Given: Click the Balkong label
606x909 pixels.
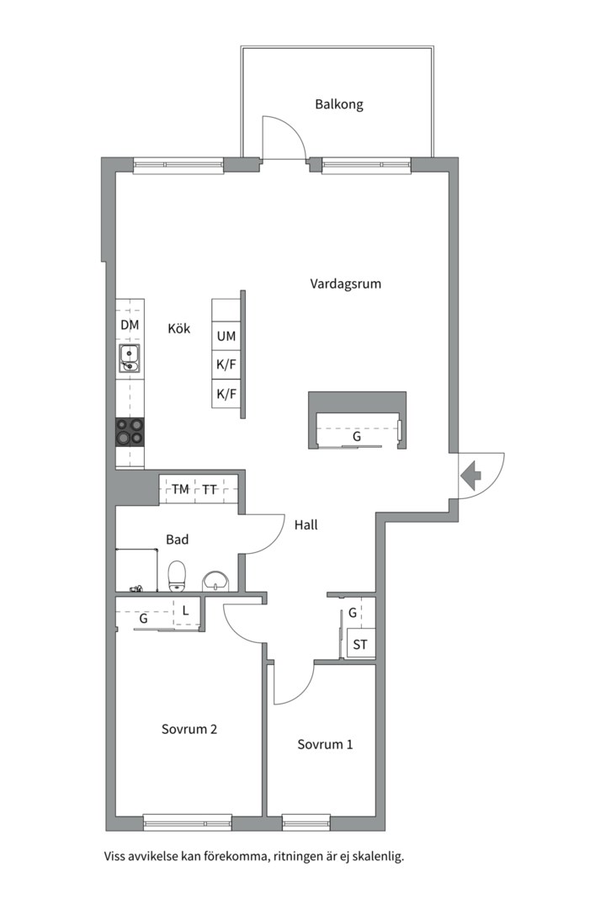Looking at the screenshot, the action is coord(339,105).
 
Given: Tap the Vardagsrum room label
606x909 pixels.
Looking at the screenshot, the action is coord(346,284).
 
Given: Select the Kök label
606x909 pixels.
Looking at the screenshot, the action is coord(179,328).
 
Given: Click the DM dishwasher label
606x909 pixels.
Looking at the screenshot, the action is coord(130,325).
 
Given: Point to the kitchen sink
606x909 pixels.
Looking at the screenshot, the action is coord(130,358).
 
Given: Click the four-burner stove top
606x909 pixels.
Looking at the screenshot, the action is coord(130,431).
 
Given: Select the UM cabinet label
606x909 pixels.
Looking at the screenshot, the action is coord(226,336).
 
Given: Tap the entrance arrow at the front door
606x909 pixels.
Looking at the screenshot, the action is coord(471,476).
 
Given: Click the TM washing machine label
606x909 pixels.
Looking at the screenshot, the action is coord(180,489).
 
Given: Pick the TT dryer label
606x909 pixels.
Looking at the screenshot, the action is coord(210,490).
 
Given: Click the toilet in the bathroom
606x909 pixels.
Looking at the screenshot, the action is coord(177,577).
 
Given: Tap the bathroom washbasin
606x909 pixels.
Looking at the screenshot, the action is coord(216,581).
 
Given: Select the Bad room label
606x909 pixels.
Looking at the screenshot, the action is coord(178,540).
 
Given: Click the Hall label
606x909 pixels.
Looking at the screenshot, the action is coord(306,525).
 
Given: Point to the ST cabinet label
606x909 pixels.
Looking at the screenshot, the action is coord(360,644).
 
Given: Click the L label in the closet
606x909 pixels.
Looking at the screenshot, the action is coord(185,610).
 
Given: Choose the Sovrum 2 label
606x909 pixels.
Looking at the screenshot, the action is coord(189,729).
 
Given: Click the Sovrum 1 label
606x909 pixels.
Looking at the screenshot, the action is coord(325,744).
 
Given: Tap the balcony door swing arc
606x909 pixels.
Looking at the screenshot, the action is coord(294,129).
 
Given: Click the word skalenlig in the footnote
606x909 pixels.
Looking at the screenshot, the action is coord(379,856).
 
